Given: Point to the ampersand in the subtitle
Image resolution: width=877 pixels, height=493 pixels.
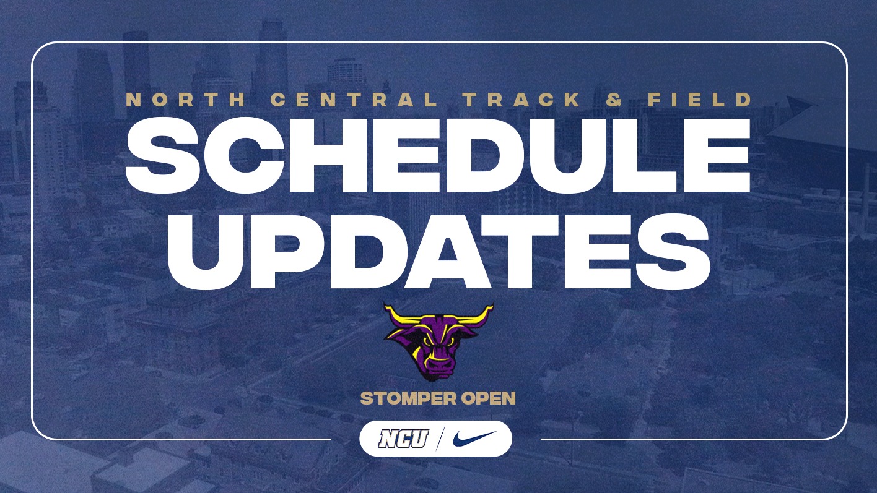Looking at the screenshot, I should pos(614,100).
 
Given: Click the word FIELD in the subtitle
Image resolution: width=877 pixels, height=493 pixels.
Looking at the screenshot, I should pos(702,100).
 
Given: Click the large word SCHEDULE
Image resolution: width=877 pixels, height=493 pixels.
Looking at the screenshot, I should pos(438,155).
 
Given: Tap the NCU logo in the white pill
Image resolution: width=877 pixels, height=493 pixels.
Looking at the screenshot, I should pos(403,439).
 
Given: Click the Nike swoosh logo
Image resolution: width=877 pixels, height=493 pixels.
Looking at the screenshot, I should pos(474,439).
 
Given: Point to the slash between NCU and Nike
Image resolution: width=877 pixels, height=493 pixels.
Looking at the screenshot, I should pos(440,439).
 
